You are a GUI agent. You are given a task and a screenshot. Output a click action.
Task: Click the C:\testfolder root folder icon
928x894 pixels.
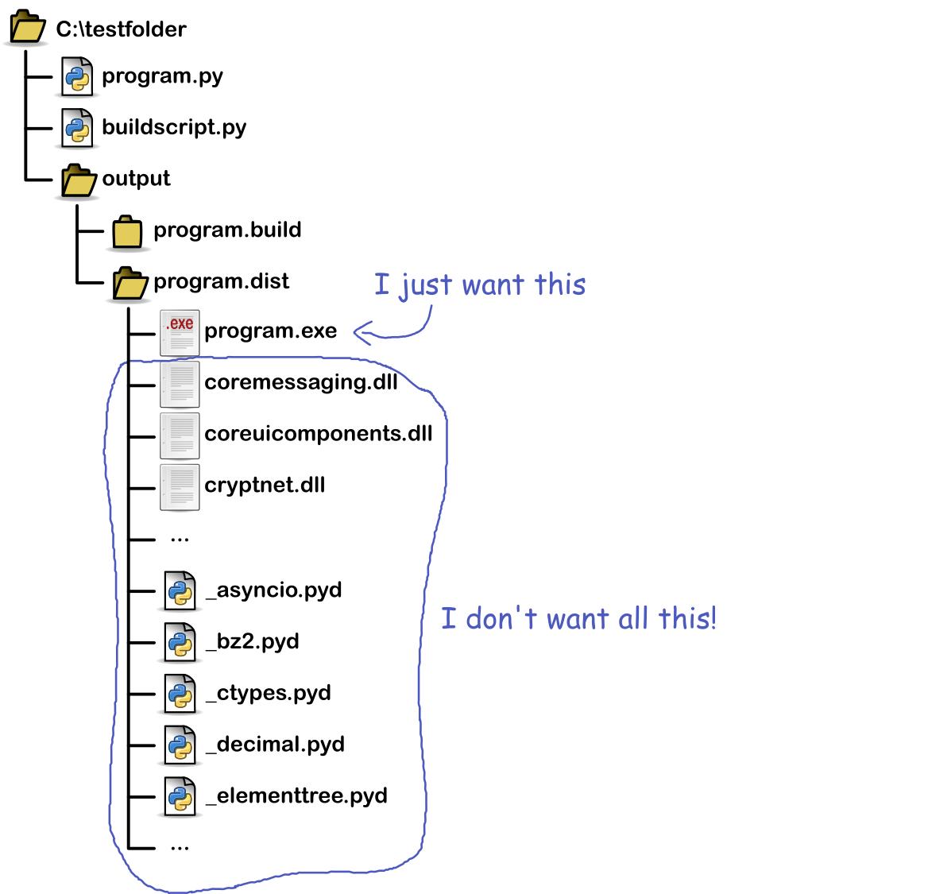click(x=27, y=29)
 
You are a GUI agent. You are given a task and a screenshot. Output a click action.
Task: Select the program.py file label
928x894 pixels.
click(x=162, y=76)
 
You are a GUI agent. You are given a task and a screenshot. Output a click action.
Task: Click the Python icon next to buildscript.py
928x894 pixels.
click(x=77, y=128)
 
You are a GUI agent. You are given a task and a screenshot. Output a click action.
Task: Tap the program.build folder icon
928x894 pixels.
click(x=126, y=231)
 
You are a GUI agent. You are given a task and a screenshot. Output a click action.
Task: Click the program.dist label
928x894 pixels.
click(x=221, y=281)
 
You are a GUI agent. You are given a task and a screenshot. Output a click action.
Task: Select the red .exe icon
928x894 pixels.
click(x=180, y=332)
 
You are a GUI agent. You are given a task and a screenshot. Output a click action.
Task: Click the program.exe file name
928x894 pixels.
click(x=270, y=331)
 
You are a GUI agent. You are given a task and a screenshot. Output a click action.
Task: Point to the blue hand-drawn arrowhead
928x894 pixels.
click(x=359, y=334)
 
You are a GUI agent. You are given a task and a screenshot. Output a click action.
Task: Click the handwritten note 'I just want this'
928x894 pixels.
click(x=480, y=284)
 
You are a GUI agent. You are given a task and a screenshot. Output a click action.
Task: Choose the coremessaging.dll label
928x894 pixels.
click(x=300, y=382)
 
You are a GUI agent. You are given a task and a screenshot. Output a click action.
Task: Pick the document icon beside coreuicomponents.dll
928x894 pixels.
click(x=180, y=435)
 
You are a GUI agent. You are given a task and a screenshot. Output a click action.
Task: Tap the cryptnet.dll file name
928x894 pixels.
click(x=265, y=485)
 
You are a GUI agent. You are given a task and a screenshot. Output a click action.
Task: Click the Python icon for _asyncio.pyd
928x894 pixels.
click(x=180, y=591)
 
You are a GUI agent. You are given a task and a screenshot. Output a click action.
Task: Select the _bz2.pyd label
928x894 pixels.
click(x=252, y=641)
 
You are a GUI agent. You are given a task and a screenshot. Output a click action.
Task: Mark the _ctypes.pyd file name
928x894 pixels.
click(x=268, y=693)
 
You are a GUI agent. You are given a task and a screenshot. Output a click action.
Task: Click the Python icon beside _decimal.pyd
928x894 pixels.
click(x=180, y=745)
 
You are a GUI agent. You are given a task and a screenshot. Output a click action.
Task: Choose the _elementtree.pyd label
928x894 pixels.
click(x=296, y=795)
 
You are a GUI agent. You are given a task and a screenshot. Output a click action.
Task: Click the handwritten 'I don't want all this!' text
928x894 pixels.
click(x=578, y=618)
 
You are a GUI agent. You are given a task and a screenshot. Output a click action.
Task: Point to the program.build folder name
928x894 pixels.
click(x=227, y=230)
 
